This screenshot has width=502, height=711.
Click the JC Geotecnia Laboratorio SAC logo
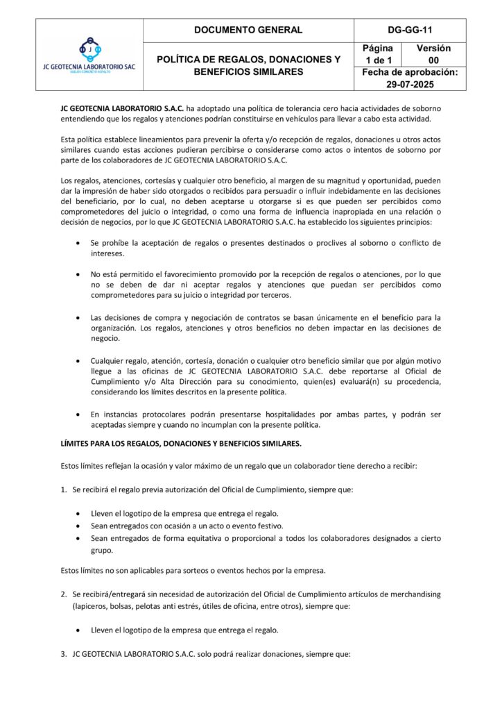coord(89,55)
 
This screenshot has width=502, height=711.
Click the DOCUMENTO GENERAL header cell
coord(248,30)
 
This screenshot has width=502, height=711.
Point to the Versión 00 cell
coord(433,54)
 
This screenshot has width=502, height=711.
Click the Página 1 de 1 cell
coord(378,54)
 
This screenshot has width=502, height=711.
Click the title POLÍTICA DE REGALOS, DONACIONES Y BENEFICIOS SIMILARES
coord(248,65)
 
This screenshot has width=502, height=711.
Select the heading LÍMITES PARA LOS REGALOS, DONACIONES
coord(181,443)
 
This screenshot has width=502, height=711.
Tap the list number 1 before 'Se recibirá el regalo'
coord(64,490)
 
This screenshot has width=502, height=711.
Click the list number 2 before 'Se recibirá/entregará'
coord(64,594)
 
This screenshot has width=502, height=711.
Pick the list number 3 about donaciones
coord(64,653)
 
